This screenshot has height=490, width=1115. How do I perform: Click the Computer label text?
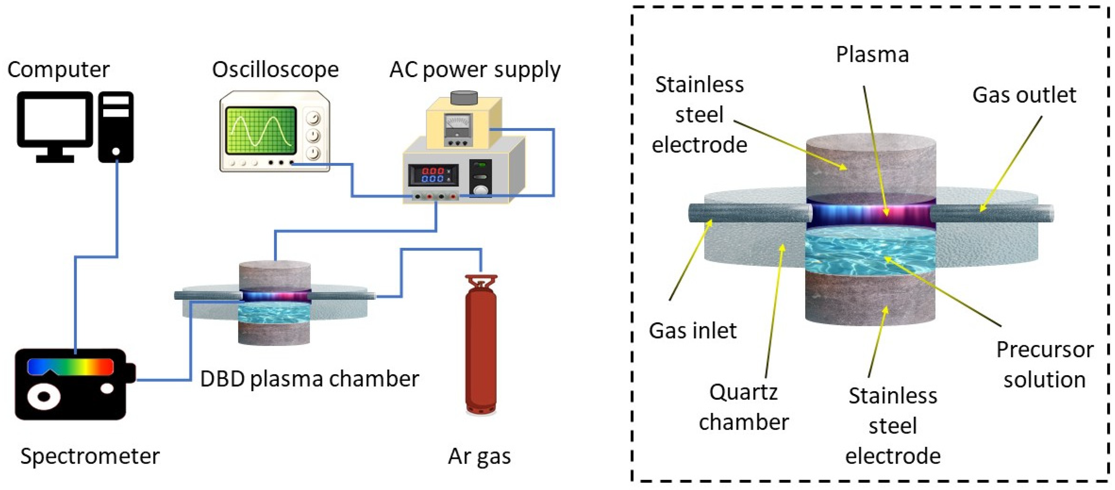tap(58, 69)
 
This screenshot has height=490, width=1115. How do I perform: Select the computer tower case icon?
tap(116, 126)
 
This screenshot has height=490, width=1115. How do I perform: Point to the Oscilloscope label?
tap(275, 69)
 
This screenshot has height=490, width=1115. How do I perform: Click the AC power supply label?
tap(475, 69)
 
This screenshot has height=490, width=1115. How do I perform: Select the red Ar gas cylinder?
tap(481, 346)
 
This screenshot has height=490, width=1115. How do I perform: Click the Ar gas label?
tap(479, 456)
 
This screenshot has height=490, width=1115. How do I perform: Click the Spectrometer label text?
tap(90, 456)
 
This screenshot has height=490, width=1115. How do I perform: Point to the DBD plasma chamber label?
tap(309, 379)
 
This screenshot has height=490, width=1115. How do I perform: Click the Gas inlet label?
tap(692, 331)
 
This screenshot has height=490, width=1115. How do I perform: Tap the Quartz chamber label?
tap(743, 407)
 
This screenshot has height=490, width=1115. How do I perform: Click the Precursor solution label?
tap(1044, 364)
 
